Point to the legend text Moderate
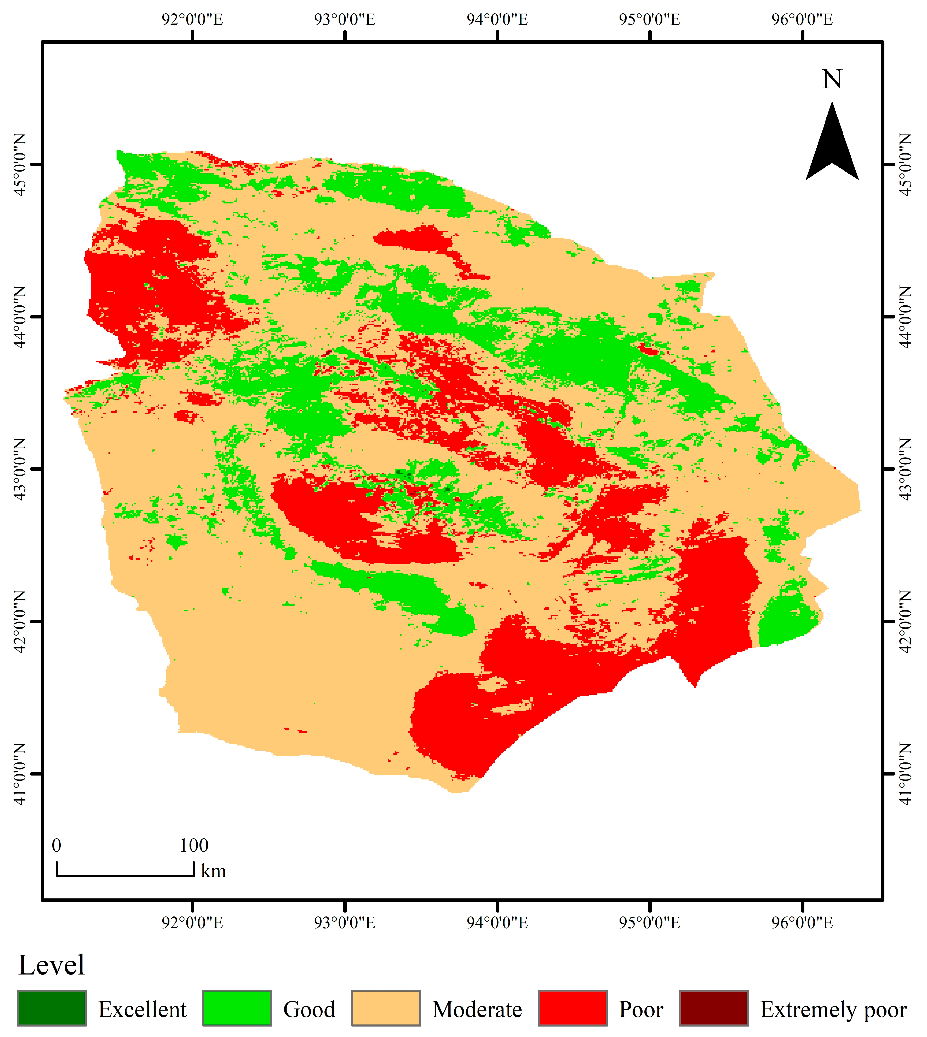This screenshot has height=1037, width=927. click(477, 1010)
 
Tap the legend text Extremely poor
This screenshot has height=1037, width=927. click(833, 1010)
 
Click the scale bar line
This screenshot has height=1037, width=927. click(125, 876)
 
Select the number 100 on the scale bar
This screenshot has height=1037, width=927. click(193, 846)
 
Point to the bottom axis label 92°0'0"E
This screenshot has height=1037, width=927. click(192, 922)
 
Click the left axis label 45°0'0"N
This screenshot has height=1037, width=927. click(19, 164)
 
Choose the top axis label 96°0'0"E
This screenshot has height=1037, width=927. click(802, 19)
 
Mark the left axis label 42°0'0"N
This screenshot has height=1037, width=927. click(19, 621)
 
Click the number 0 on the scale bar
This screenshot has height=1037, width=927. click(56, 846)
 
